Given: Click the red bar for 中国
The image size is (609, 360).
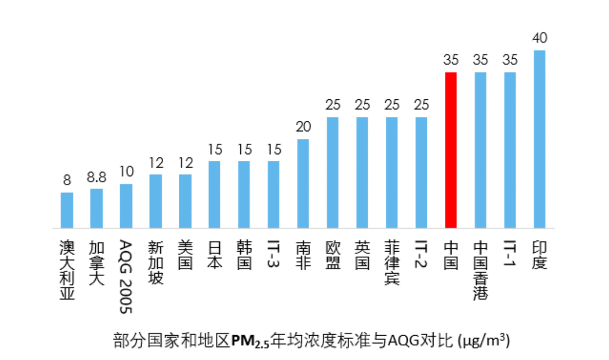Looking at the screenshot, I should pyautogui.click(x=451, y=150).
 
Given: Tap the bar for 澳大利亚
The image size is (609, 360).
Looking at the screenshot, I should pyautogui.click(x=67, y=210).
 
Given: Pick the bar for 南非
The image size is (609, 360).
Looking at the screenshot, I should pyautogui.click(x=303, y=183).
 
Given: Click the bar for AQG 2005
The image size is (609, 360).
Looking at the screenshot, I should pyautogui.click(x=126, y=206).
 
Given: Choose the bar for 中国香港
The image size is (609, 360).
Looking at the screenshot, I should pyautogui.click(x=480, y=150).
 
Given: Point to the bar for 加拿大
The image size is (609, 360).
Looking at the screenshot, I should pyautogui.click(x=96, y=208).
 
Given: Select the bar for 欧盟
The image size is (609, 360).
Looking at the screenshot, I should pyautogui.click(x=333, y=173).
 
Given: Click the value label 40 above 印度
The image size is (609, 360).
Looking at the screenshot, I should pyautogui.click(x=539, y=38).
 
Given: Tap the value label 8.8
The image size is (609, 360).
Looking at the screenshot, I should pyautogui.click(x=96, y=178).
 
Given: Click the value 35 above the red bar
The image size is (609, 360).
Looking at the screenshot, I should pyautogui.click(x=451, y=60).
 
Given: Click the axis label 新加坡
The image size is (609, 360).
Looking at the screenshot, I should pyautogui.click(x=156, y=263).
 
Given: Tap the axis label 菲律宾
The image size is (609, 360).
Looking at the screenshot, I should pyautogui.click(x=391, y=263).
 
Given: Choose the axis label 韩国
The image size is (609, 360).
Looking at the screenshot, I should pyautogui.click(x=244, y=255).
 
